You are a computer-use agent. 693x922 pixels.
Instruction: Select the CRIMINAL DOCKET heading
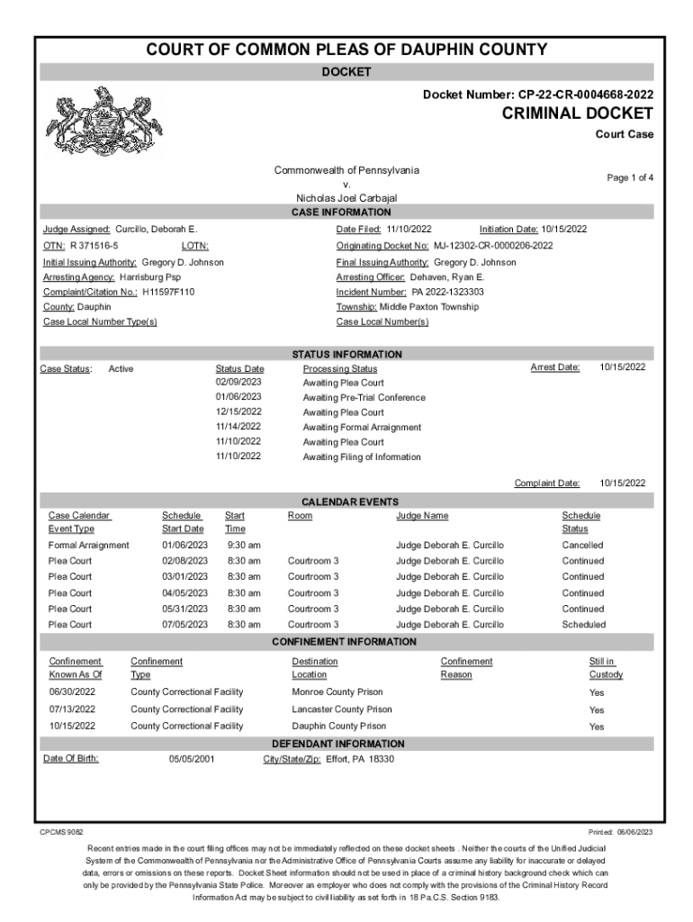pos(577,113)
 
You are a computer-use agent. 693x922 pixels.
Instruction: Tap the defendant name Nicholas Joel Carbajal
pos(346,198)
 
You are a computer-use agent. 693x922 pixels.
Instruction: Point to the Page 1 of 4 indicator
pos(630,178)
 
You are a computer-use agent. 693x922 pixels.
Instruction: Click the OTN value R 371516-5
pos(94,246)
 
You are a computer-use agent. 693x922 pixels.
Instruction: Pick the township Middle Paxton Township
pos(429,307)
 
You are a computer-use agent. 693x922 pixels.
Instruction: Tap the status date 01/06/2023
pos(238,398)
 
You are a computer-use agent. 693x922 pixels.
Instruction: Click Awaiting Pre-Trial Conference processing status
pos(364,398)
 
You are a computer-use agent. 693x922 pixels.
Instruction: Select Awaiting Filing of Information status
pos(361,457)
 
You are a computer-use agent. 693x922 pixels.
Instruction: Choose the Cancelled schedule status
pos(582,546)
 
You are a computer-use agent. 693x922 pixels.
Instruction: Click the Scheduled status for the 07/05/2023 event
pos(584,625)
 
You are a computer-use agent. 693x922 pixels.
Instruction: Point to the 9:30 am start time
pos(244,546)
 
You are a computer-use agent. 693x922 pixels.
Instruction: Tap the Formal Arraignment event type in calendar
pos(88,546)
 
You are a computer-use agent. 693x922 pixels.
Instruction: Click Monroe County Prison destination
pos(337,692)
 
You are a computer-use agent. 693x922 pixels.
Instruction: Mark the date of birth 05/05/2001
pos(192,760)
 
